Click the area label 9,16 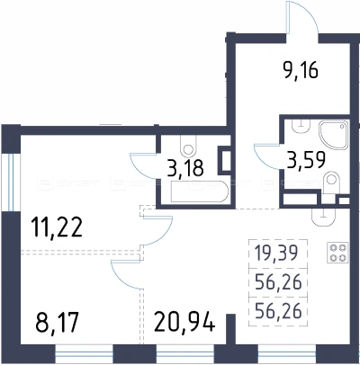click(x=301, y=71)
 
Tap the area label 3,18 click(x=185, y=168)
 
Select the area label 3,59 click(x=306, y=161)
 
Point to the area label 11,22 click(x=57, y=228)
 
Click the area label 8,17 click(x=58, y=323)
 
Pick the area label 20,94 click(x=184, y=323)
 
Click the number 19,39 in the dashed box click(x=276, y=253)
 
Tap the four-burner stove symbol click(x=337, y=253)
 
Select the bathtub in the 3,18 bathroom click(x=199, y=191)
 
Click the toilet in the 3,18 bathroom click(x=188, y=146)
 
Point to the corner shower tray click(x=334, y=135)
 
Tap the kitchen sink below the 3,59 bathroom click(x=323, y=217)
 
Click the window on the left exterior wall click(x=11, y=182)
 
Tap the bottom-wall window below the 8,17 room click(x=84, y=354)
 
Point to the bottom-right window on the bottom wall click(x=287, y=354)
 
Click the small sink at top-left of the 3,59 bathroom click(x=301, y=127)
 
